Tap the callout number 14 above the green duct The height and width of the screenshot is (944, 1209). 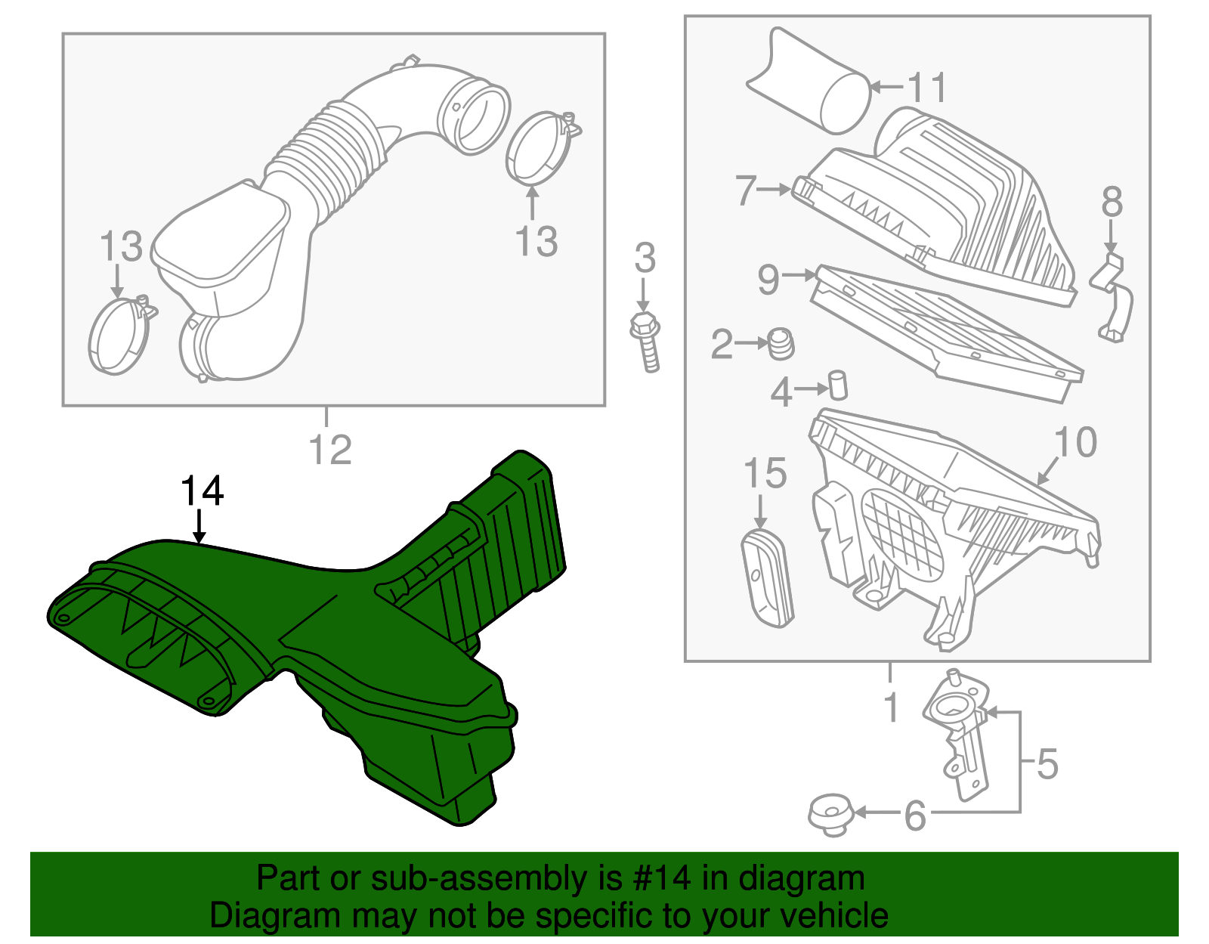click(x=202, y=491)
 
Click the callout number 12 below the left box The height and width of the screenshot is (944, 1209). click(x=330, y=450)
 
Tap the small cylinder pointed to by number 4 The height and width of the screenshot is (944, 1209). click(x=838, y=385)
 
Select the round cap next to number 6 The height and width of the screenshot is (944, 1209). click(x=830, y=815)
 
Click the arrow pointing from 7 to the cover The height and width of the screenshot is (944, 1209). click(x=774, y=190)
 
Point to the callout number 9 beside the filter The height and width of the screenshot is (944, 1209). click(x=768, y=280)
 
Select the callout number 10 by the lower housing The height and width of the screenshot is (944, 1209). click(x=1074, y=442)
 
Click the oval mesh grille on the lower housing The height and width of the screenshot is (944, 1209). click(x=903, y=533)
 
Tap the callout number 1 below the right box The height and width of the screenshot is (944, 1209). click(x=891, y=707)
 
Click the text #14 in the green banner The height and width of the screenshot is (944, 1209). click(x=657, y=878)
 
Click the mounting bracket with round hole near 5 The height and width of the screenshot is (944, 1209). click(x=956, y=726)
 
